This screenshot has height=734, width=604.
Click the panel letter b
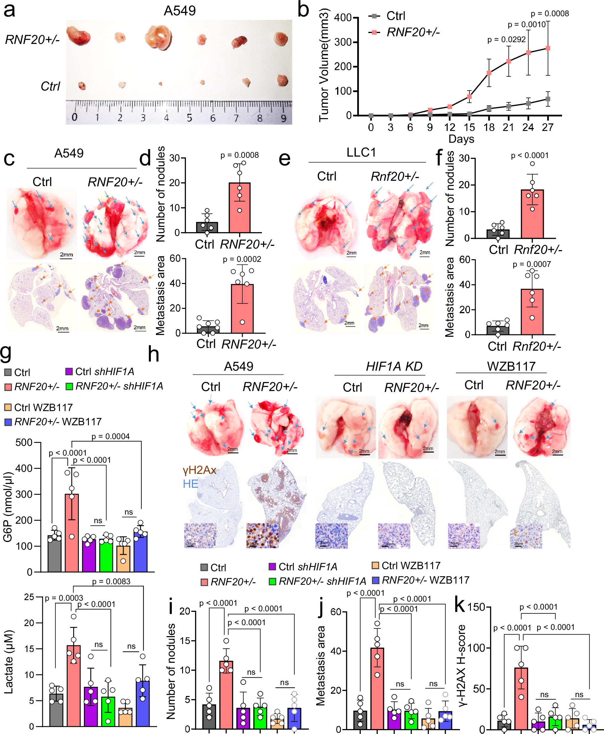tap(303, 10)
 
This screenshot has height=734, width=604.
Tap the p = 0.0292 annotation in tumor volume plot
tap(506, 40)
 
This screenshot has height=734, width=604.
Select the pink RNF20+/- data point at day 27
tap(548, 48)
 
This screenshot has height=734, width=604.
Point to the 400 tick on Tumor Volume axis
tap(343, 17)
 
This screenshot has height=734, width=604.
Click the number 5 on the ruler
tap(189, 118)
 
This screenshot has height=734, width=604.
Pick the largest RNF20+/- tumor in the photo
tap(158, 37)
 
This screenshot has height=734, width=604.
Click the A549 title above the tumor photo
tap(179, 11)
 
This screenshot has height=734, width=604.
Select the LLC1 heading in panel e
tap(361, 152)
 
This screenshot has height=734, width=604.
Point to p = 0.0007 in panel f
tap(532, 265)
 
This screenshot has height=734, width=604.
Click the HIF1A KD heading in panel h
tap(394, 366)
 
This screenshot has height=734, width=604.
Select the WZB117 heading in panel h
tap(511, 366)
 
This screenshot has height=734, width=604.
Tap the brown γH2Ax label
tap(199, 470)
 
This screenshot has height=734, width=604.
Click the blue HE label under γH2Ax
tap(190, 484)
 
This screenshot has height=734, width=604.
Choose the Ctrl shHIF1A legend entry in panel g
tap(100, 372)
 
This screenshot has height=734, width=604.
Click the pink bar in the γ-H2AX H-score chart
tap(521, 698)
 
